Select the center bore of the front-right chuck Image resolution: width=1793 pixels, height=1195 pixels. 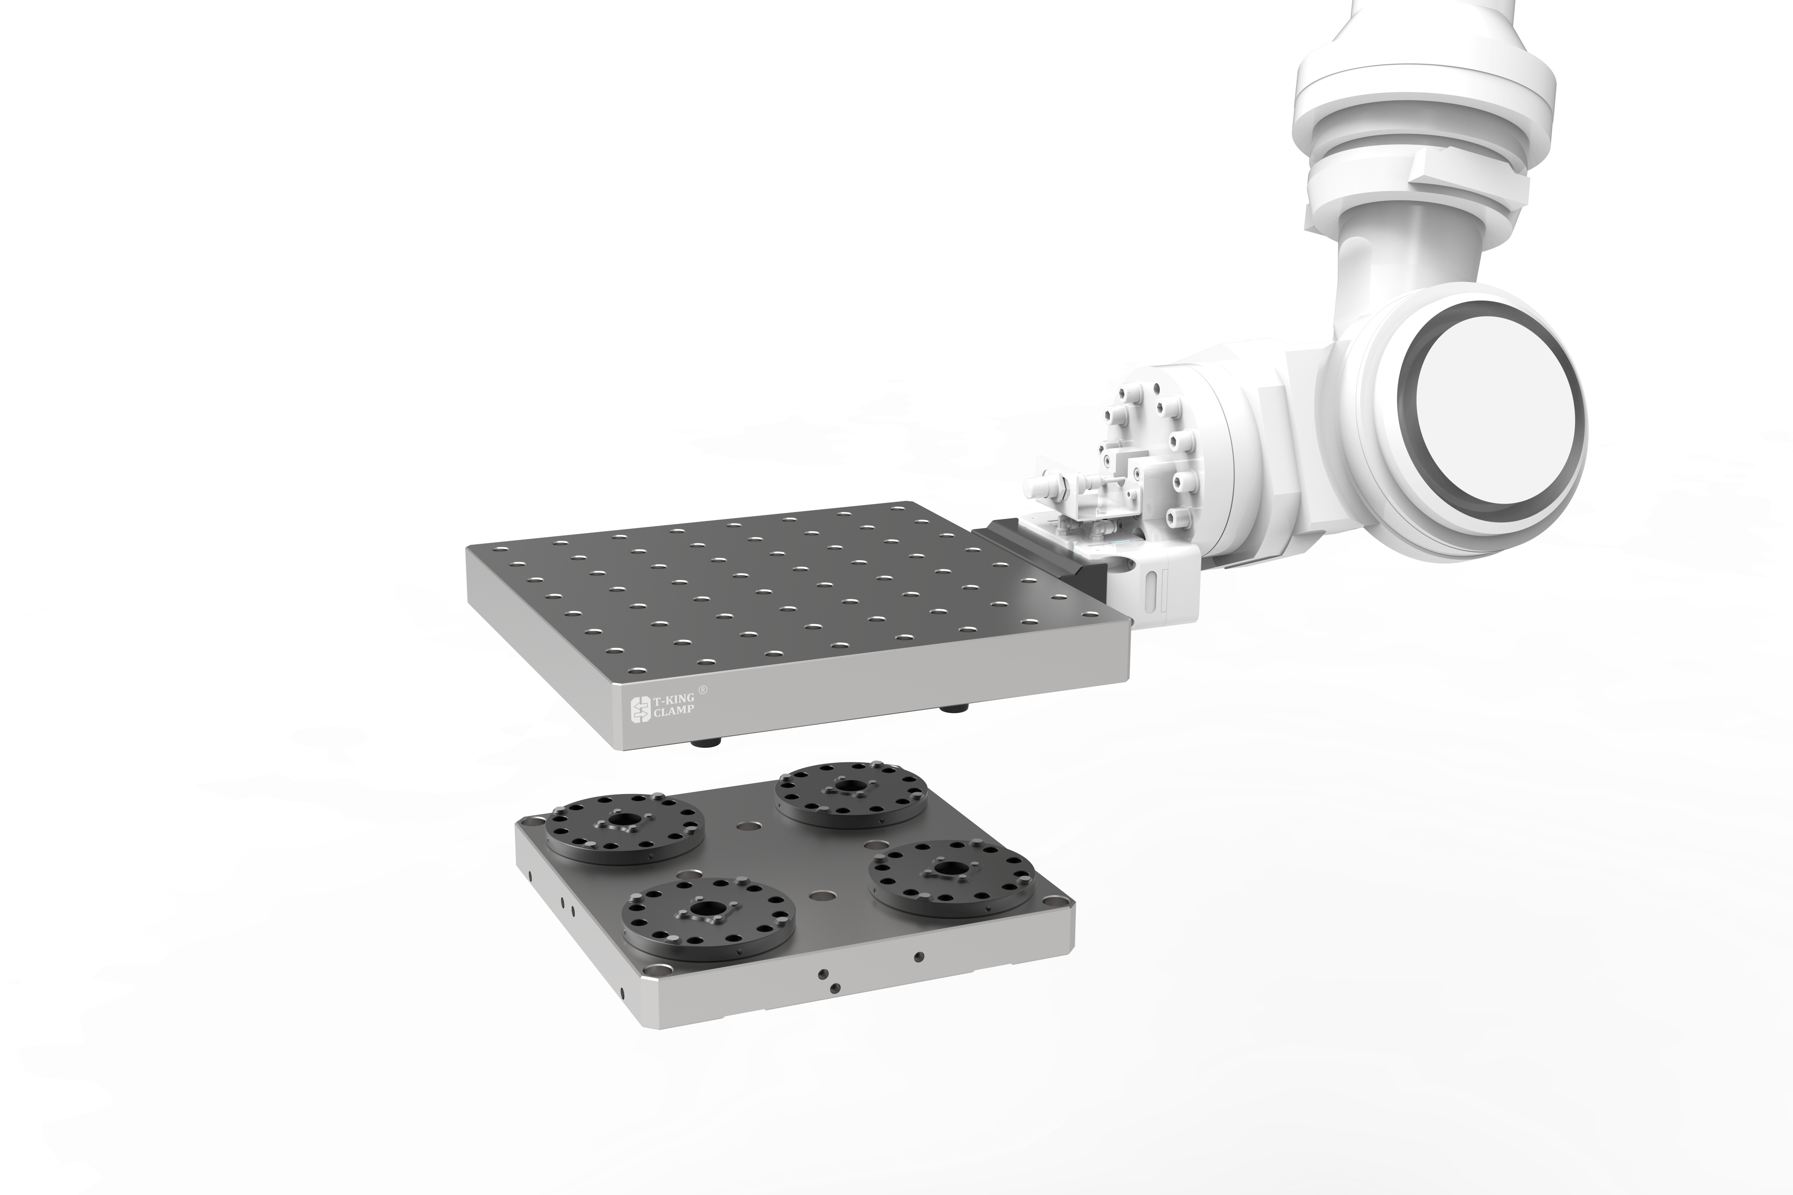pyautogui.click(x=950, y=869)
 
